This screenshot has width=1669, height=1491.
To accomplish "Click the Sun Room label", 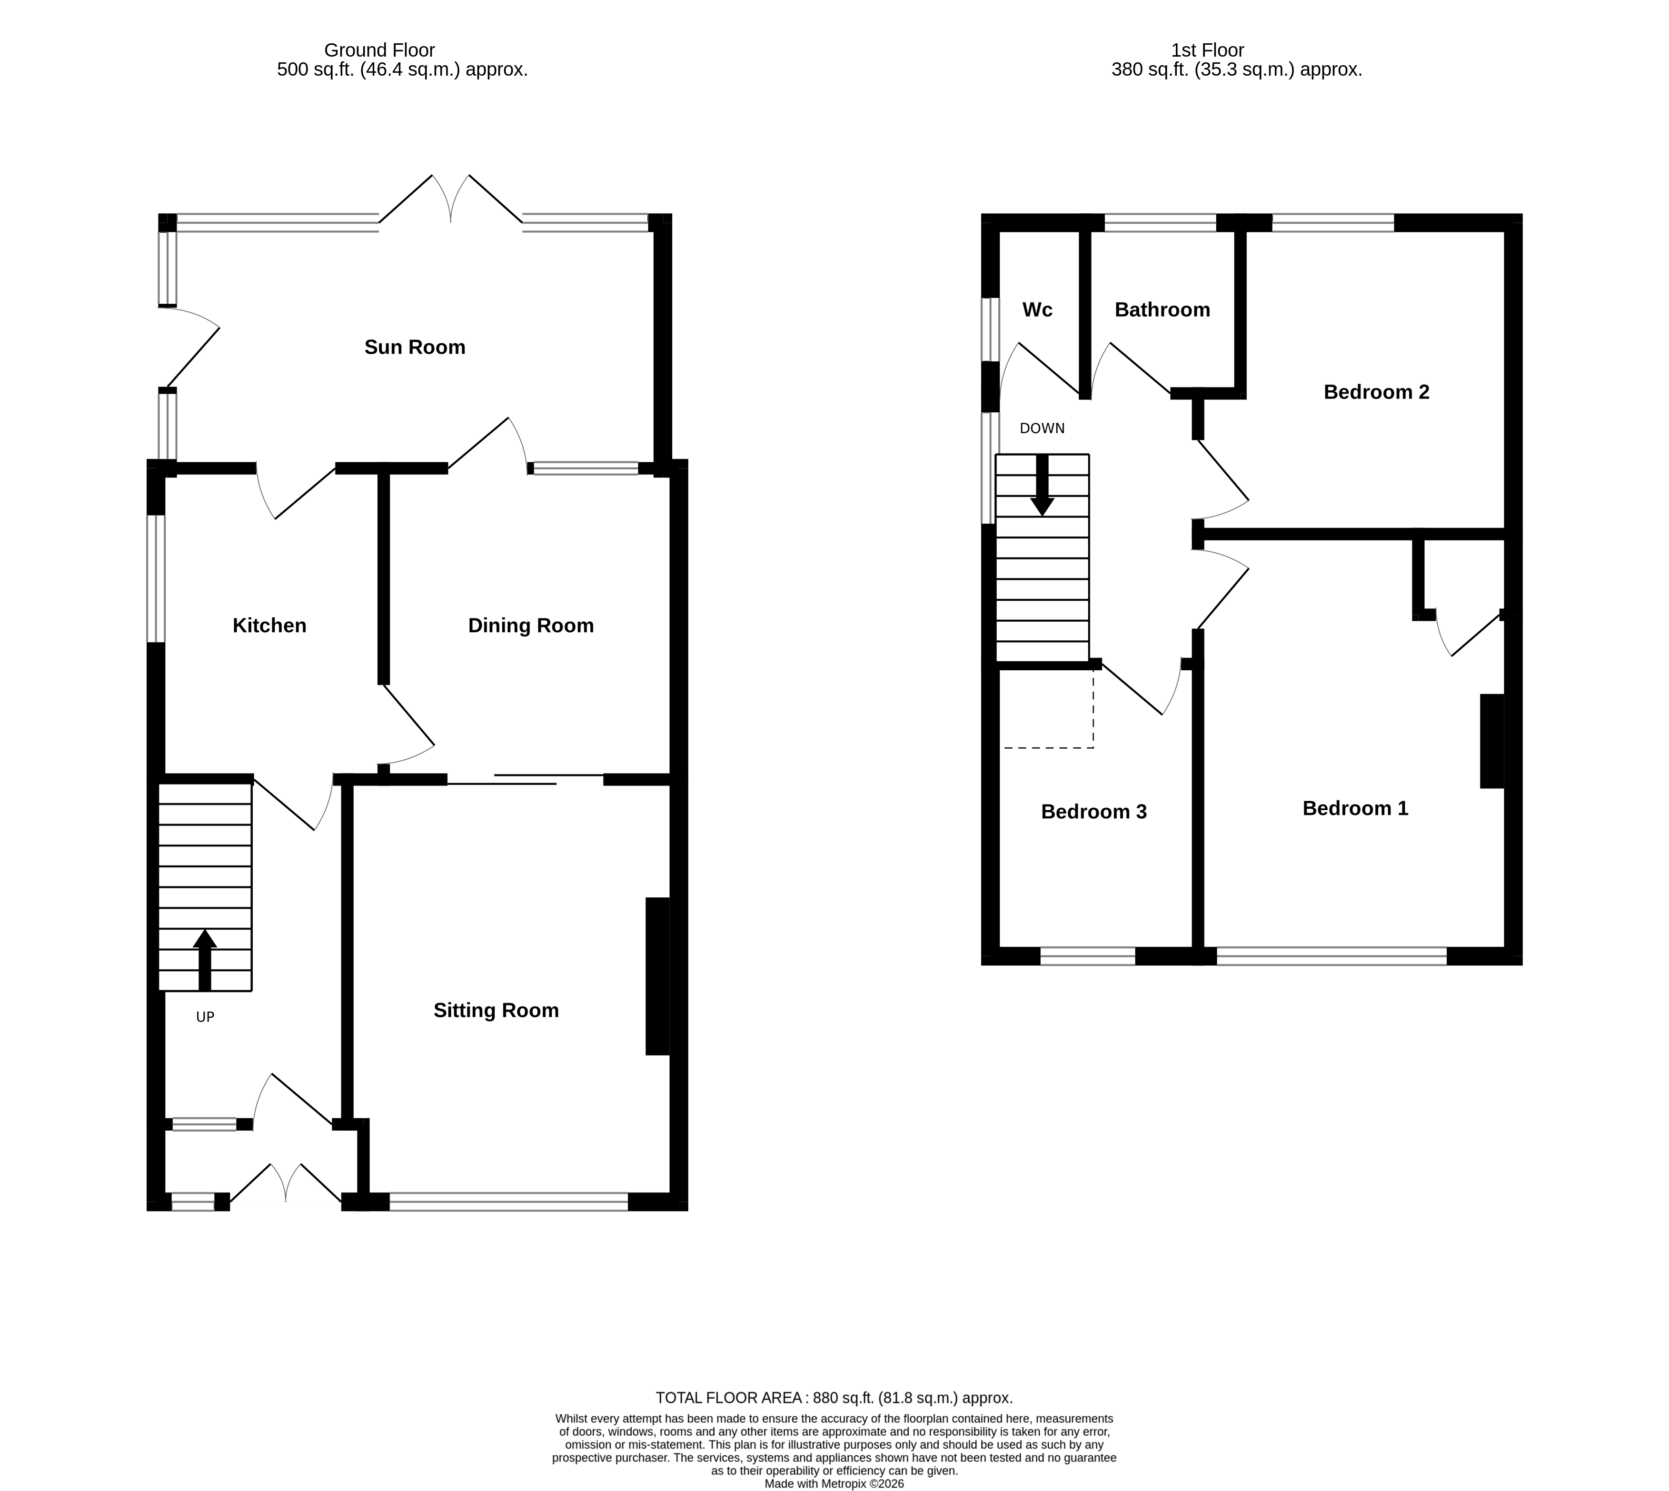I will tap(415, 348).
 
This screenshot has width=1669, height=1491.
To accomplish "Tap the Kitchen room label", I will tap(269, 626).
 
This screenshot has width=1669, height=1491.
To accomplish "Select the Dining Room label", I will tap(530, 626).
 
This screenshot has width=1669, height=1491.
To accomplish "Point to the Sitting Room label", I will tap(496, 1011).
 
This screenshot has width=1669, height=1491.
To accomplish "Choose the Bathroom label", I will tap(1162, 309).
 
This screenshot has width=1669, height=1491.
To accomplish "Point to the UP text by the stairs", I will tap(205, 1017).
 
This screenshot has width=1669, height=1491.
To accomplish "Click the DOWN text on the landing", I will tap(1042, 428).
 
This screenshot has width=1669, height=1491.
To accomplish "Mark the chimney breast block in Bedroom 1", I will tap(1491, 741).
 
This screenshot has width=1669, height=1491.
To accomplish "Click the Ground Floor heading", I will tap(379, 51).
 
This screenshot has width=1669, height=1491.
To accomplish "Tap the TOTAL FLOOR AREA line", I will tap(834, 1398).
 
